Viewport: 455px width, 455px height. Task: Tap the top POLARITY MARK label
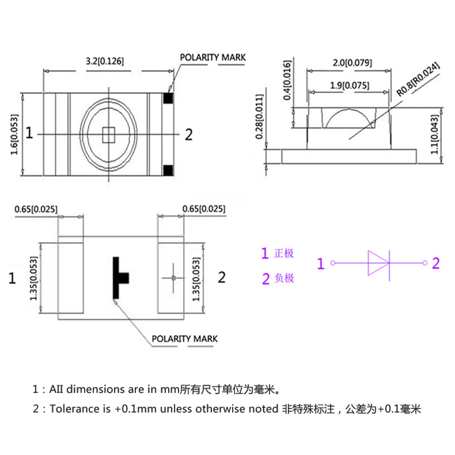213,57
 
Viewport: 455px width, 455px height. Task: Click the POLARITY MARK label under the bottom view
184,339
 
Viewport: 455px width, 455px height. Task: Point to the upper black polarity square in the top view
168,98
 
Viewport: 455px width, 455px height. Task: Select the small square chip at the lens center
107,134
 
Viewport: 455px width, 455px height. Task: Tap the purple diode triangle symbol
378,263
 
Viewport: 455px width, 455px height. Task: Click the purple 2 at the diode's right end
436,263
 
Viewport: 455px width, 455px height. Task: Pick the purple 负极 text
284,278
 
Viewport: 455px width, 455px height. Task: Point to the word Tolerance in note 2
71,409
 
